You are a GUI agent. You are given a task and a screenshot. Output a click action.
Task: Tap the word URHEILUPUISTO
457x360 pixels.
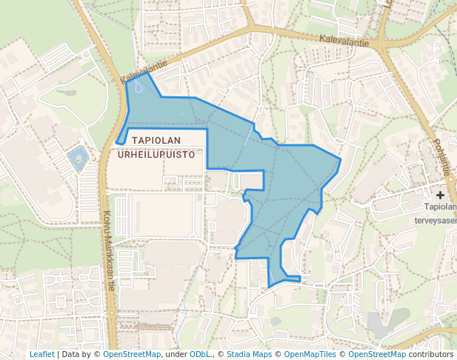pos(156,155)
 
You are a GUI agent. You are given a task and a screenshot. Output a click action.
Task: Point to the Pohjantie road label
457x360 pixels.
pos(441,158)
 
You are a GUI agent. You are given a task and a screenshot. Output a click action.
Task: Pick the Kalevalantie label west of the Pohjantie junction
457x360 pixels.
pos(344,39)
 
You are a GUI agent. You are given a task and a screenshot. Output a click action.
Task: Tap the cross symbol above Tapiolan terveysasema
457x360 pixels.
pos(441,195)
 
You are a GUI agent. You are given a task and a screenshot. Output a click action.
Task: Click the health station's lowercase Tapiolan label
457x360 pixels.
pos(440,207)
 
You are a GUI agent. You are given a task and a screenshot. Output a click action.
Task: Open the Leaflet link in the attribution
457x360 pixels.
pos(42,354)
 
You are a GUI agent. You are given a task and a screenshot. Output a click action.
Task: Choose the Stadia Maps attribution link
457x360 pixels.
pos(249,354)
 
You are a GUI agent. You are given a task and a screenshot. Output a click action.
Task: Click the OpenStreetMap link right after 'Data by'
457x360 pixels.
pos(132,354)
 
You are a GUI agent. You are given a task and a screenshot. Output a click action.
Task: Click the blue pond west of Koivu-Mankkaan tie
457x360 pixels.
pos(77,157)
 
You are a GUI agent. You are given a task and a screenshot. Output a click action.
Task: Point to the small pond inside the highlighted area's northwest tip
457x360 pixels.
pos(139,87)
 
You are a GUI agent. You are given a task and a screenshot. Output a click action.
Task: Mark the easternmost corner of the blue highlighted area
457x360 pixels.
pos(340,159)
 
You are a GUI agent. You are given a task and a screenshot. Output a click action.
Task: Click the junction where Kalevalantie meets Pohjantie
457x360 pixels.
pos(383,44)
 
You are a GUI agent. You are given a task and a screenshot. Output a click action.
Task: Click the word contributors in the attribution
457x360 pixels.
pos(430,354)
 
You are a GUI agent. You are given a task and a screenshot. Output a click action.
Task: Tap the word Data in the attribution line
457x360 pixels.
pos(71,354)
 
